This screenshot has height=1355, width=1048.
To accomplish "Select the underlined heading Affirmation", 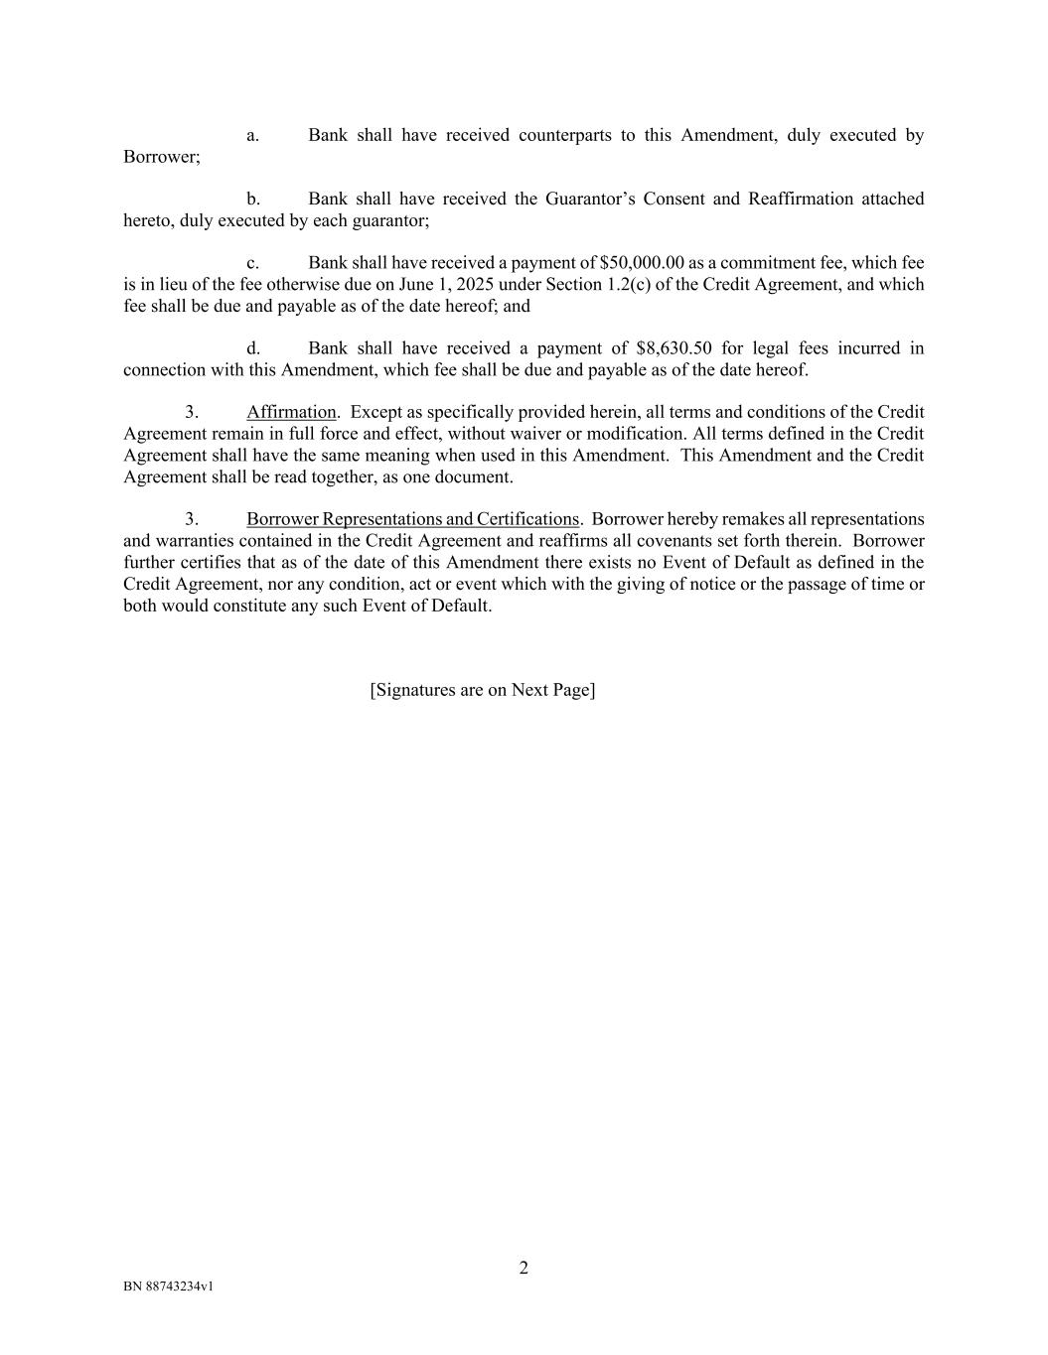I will (x=291, y=412).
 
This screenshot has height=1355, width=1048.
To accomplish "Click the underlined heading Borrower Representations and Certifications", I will (x=412, y=519).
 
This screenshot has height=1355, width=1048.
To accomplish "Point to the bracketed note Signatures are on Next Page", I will (x=483, y=690).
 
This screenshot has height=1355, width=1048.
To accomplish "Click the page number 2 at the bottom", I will (x=524, y=1268).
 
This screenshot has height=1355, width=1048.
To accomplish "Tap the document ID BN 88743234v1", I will (x=169, y=1287).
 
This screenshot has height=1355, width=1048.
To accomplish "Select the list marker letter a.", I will (x=252, y=135).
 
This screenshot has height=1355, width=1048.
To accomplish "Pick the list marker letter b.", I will (x=252, y=199).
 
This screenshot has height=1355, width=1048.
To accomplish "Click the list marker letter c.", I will (x=252, y=263).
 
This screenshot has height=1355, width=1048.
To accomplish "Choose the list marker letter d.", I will (x=252, y=348).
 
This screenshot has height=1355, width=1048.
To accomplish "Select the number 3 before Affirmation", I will (x=191, y=412).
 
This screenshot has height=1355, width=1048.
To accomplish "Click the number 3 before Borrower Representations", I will (x=191, y=519).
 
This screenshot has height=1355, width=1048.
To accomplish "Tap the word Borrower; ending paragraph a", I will (x=162, y=157).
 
